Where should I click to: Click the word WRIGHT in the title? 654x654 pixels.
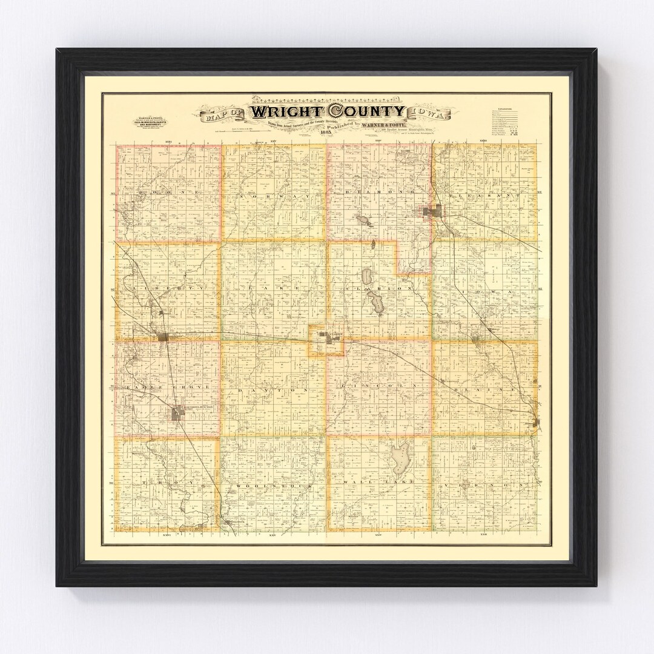click(x=287, y=112)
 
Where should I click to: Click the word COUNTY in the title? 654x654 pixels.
click(x=366, y=111)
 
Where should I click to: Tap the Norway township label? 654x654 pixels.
click(x=274, y=197)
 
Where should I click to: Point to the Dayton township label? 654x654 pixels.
click(x=274, y=391)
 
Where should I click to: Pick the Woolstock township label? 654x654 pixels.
click(x=274, y=486)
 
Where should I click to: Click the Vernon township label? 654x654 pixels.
click(x=484, y=486)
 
